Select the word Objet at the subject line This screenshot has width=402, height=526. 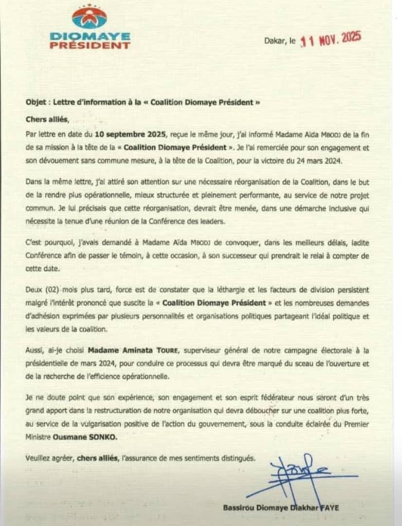(36, 103)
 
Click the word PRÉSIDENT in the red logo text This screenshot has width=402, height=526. (90, 46)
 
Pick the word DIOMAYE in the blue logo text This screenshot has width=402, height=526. (90, 37)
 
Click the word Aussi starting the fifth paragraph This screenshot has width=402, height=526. (35, 350)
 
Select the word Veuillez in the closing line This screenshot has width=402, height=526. (38, 458)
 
